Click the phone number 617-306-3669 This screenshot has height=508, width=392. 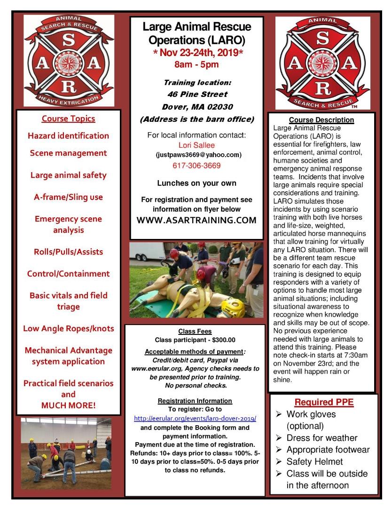197,166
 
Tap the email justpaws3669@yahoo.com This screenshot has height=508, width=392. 197,155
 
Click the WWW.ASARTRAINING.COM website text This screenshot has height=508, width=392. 196,220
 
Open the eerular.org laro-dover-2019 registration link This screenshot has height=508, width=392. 195,418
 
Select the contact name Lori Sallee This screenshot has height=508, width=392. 196,145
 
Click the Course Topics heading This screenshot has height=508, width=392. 68,119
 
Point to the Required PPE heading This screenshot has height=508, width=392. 324,402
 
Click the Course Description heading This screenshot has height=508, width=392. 321,120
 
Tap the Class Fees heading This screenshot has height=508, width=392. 195,331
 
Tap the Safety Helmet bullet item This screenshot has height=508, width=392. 314,461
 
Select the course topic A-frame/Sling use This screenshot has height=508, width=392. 68,197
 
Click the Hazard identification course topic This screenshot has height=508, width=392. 68,135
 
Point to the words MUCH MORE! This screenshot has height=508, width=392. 68,405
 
